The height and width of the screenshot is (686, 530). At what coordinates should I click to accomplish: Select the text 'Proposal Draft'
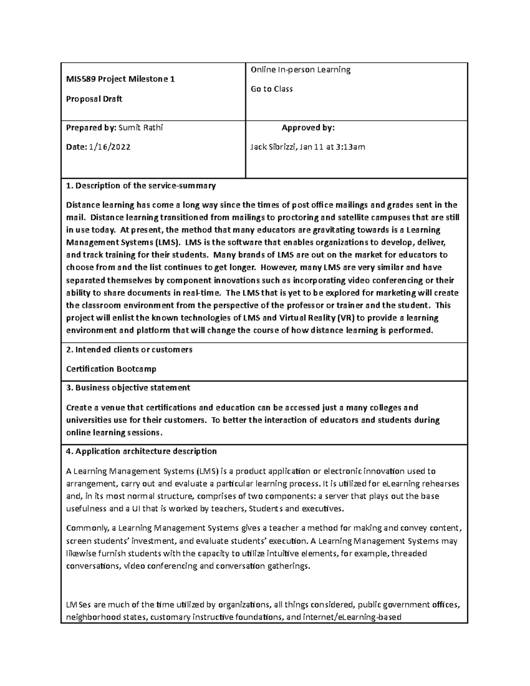pyautogui.click(x=94, y=99)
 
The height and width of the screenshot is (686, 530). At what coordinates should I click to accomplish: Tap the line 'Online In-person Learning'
pyautogui.click(x=300, y=69)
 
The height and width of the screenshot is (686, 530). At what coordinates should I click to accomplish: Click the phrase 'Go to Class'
pyautogui.click(x=272, y=89)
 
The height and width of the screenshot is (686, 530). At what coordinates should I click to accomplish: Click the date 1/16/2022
pyautogui.click(x=109, y=147)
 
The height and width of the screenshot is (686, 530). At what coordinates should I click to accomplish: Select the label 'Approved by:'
pyautogui.click(x=308, y=128)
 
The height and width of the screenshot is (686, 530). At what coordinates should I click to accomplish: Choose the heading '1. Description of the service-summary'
pyautogui.click(x=141, y=186)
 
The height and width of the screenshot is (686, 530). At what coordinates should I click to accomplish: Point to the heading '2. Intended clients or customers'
pyautogui.click(x=129, y=350)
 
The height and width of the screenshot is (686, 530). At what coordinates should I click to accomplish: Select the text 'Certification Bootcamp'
pyautogui.click(x=111, y=369)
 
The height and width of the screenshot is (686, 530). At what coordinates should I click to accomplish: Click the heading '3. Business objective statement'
pyautogui.click(x=128, y=388)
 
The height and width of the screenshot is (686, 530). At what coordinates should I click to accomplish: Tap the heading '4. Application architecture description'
pyautogui.click(x=141, y=451)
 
